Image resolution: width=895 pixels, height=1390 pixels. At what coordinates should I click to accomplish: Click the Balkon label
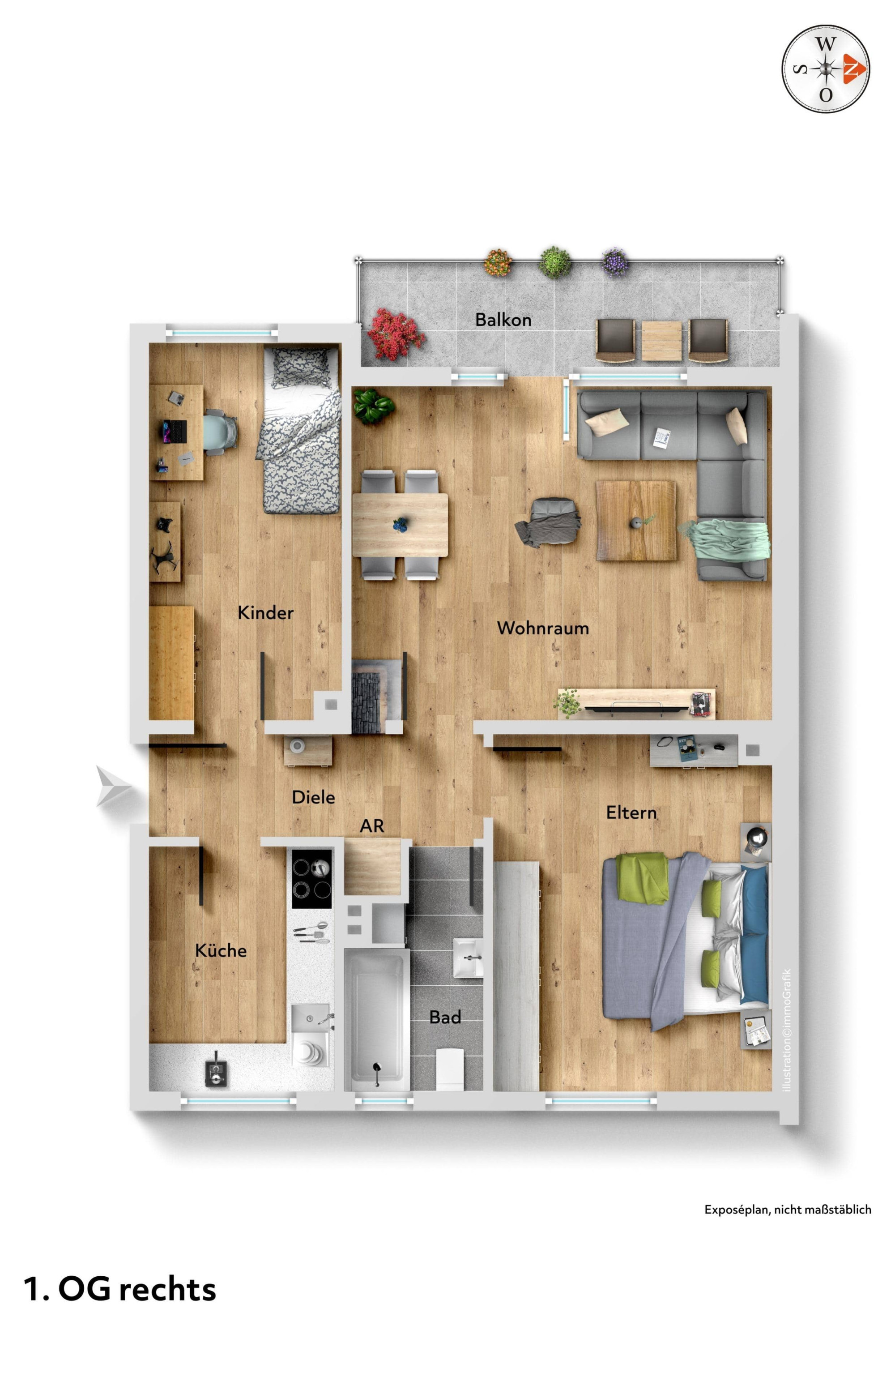coord(503,319)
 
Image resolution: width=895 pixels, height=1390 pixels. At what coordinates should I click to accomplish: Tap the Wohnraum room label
coord(543,628)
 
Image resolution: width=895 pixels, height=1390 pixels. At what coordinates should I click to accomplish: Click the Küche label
coord(221,950)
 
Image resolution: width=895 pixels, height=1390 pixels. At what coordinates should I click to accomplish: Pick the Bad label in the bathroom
coord(445,1017)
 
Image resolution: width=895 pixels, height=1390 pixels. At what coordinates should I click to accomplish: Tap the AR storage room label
coord(372,826)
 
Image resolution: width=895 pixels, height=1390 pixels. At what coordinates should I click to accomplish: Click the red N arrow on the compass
coord(855,68)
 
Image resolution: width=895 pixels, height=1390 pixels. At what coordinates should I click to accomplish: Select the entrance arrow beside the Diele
coord(114,786)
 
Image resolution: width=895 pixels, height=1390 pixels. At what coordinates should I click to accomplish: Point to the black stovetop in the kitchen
coord(311,878)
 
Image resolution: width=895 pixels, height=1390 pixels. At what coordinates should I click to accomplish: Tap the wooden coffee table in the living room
coord(636,520)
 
